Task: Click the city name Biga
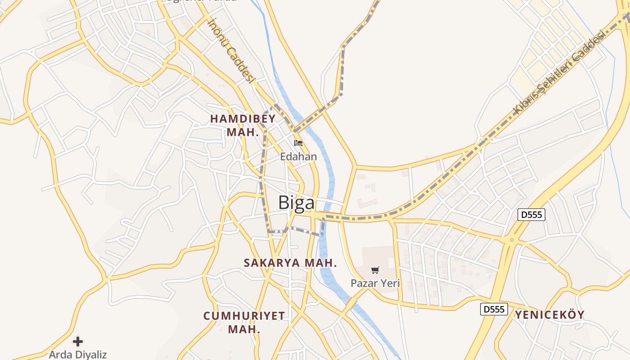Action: tap(297, 203)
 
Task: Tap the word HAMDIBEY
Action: tap(243, 119)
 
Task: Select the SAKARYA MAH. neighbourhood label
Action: tap(290, 262)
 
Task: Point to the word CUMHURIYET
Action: tap(244, 316)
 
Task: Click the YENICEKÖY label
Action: tap(550, 315)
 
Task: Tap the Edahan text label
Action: tap(298, 157)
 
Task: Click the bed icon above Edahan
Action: tap(298, 143)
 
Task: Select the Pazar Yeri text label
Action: tap(375, 283)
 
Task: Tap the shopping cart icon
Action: tap(375, 270)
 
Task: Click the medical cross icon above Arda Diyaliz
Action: tap(78, 341)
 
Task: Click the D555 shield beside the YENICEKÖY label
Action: tap(494, 309)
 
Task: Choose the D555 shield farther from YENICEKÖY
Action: tap(531, 215)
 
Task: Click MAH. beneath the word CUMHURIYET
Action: tap(244, 329)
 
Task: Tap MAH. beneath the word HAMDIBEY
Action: tap(243, 132)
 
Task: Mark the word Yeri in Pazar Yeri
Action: tap(390, 283)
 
